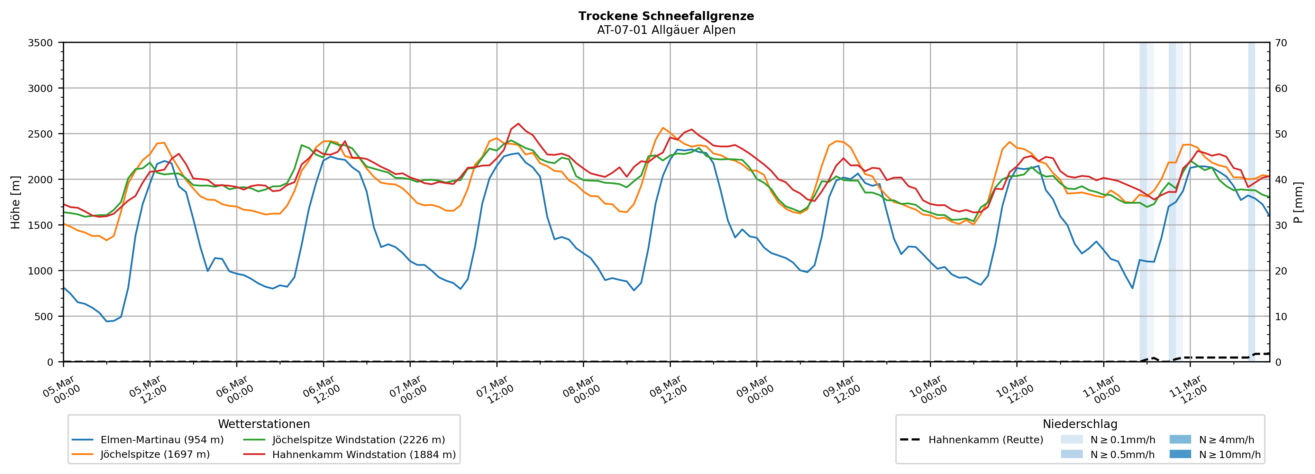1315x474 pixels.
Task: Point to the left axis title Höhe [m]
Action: [x=15, y=202]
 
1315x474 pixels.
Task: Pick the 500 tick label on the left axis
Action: [x=43, y=316]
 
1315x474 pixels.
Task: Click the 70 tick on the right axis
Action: [x=1281, y=43]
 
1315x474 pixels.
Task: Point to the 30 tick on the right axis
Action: [x=1281, y=225]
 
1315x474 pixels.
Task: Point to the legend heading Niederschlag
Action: [x=1080, y=424]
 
